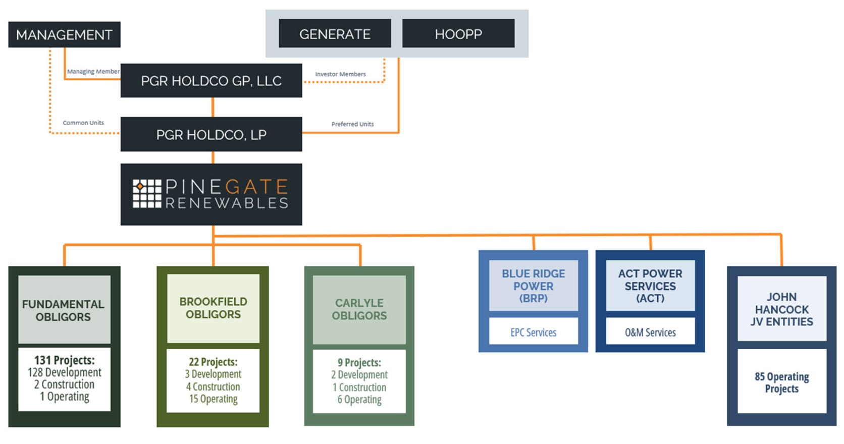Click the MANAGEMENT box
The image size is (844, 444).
pos(64,34)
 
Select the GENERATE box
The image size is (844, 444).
pos(335,34)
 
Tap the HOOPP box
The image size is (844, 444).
pos(458,34)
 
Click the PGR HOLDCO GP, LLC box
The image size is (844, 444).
pos(211,81)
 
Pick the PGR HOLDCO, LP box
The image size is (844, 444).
pos(211,135)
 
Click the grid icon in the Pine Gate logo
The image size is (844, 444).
pos(147,194)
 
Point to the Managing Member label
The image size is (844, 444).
pos(93,72)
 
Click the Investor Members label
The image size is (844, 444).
pos(340,74)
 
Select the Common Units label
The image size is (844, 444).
pos(83,123)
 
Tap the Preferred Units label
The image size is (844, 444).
pos(352,124)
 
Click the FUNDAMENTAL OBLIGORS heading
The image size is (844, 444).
pos(64,310)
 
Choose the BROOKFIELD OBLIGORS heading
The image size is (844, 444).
pos(213,308)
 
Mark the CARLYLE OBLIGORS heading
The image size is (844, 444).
pos(359,309)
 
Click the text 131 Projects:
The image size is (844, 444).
pos(64,360)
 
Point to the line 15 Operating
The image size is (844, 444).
pos(213,399)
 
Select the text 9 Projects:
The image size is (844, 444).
pos(359,362)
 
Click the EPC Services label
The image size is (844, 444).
pos(533,332)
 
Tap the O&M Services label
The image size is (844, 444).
pos(650,332)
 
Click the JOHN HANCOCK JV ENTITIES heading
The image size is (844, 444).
pos(781,309)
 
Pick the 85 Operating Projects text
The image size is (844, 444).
pos(781,382)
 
